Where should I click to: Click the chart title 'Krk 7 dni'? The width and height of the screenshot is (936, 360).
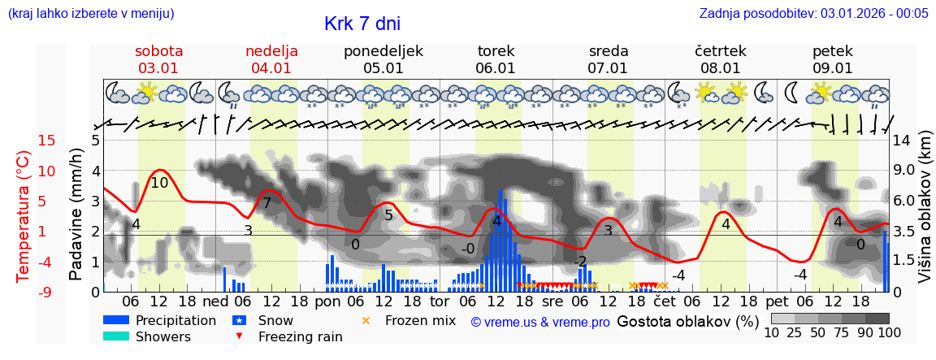(362, 24)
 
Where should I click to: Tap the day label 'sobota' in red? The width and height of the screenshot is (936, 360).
(159, 51)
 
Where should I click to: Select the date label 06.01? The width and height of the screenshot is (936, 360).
(496, 68)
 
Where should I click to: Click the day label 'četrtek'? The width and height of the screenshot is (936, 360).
(721, 51)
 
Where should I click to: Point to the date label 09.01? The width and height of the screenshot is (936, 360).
(833, 68)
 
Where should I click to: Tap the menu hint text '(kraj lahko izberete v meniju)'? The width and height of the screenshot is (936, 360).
(91, 13)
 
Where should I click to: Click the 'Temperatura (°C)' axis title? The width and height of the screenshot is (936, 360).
(24, 216)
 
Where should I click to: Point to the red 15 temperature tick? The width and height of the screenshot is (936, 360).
(24, 141)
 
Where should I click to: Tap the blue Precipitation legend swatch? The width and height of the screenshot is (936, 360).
(116, 320)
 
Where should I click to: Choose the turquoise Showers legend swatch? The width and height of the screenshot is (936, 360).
(116, 336)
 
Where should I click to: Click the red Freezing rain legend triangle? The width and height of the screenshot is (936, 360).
(238, 336)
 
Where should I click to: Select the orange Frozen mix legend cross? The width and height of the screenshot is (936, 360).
(366, 320)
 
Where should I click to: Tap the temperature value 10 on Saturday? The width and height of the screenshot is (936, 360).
(159, 183)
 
